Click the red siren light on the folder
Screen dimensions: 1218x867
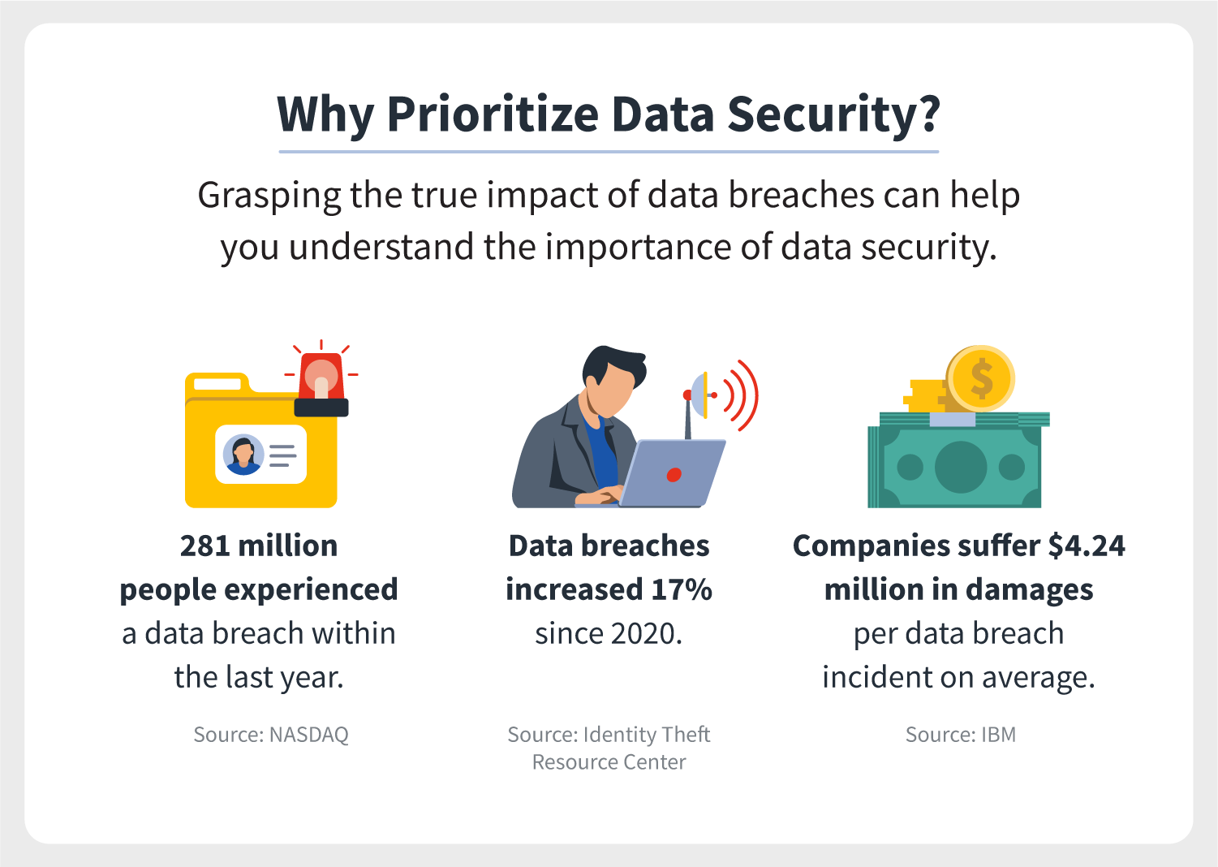321,377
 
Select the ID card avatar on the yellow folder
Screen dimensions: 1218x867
243,455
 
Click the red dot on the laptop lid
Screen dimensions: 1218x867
674,475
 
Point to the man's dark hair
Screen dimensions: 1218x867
613,364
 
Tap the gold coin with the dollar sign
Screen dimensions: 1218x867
980,378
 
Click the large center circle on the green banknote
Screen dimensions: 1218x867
961,467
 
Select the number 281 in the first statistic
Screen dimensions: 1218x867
205,546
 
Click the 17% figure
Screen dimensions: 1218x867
682,589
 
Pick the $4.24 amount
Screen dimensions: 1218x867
1087,546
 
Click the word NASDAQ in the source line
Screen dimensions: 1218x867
309,735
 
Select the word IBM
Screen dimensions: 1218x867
998,735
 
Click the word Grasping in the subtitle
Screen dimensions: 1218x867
269,196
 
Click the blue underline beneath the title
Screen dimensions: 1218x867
609,152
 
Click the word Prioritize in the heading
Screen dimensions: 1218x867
492,114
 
